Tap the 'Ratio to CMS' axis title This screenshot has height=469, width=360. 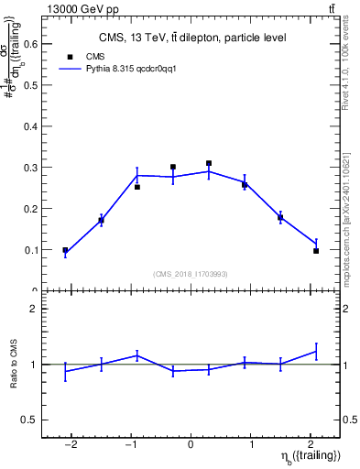(x=13, y=365)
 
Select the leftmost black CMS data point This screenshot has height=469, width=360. (x=65, y=250)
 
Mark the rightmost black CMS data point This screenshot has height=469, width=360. (x=316, y=251)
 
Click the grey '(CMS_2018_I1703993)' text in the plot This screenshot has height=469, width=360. (x=191, y=275)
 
